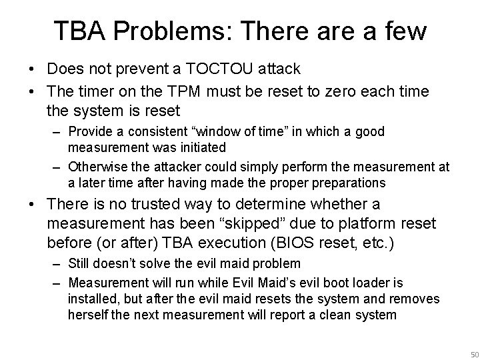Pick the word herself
89,314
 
